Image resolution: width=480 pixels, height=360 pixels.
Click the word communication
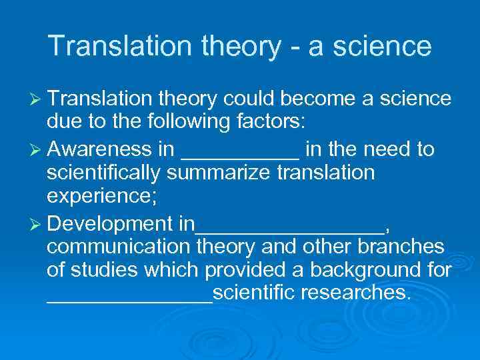tap(119, 247)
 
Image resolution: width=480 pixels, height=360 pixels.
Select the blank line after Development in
tap(290, 228)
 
